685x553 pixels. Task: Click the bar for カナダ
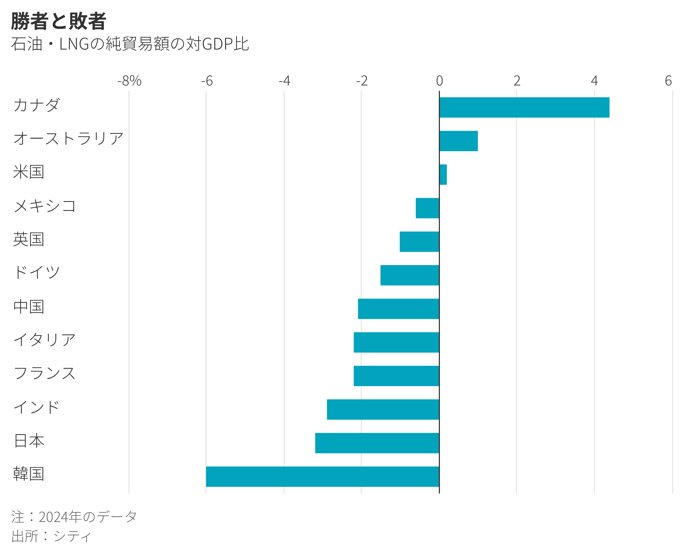524,107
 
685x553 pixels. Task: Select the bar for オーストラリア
458,141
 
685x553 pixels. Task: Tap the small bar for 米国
443,175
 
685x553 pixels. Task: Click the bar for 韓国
322,477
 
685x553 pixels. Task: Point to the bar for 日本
377,443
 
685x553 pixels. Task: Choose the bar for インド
383,409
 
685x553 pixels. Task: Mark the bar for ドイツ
410,275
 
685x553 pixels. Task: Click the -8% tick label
129,81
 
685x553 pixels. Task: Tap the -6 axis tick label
207,81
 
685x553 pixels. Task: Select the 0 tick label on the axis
439,81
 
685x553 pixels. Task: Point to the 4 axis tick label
594,81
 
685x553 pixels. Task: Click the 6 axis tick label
668,81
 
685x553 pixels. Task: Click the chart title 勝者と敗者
59,21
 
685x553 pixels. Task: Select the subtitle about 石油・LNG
130,44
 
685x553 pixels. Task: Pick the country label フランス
45,373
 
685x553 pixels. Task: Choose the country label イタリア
45,340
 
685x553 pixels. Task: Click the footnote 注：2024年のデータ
74,517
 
